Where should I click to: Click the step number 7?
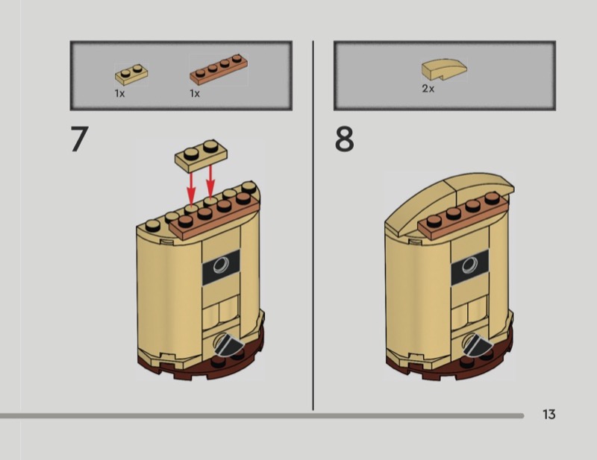click(x=80, y=139)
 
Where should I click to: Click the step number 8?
click(x=344, y=139)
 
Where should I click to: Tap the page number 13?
click(x=549, y=415)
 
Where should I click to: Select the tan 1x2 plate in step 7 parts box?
click(x=131, y=75)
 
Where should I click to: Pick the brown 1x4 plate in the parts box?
click(x=219, y=69)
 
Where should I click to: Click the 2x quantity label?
click(x=428, y=89)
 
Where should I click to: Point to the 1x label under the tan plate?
click(x=119, y=93)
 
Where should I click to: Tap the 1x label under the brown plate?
click(x=195, y=93)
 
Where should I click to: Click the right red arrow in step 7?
click(x=210, y=182)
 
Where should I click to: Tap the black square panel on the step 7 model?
click(x=221, y=267)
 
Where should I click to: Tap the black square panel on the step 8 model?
click(x=470, y=267)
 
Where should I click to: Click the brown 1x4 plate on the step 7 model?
click(x=215, y=218)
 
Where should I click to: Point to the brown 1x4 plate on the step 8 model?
click(x=463, y=217)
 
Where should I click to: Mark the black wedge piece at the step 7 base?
click(x=228, y=344)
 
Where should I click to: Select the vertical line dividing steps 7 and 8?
click(x=313, y=225)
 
